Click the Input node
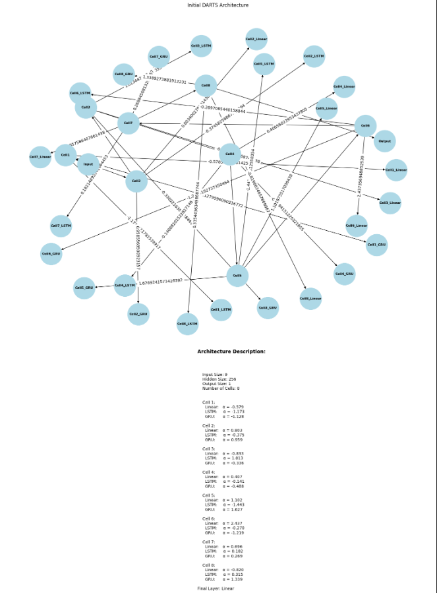[x=88, y=164]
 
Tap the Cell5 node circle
[x=238, y=276]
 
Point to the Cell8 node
[x=206, y=86]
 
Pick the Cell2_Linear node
[x=256, y=40]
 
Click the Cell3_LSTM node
[x=200, y=46]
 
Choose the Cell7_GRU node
[x=159, y=57]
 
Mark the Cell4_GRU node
[x=345, y=274]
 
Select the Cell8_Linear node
[x=310, y=299]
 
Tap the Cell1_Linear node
[x=396, y=170]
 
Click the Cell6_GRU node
[x=51, y=254]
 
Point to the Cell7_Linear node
[x=40, y=157]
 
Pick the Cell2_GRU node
[x=138, y=315]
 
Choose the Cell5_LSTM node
[x=264, y=64]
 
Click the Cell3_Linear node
[x=390, y=203]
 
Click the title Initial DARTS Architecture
[x=218, y=5]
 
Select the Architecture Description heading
[x=231, y=352]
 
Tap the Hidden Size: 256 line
[x=219, y=379]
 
